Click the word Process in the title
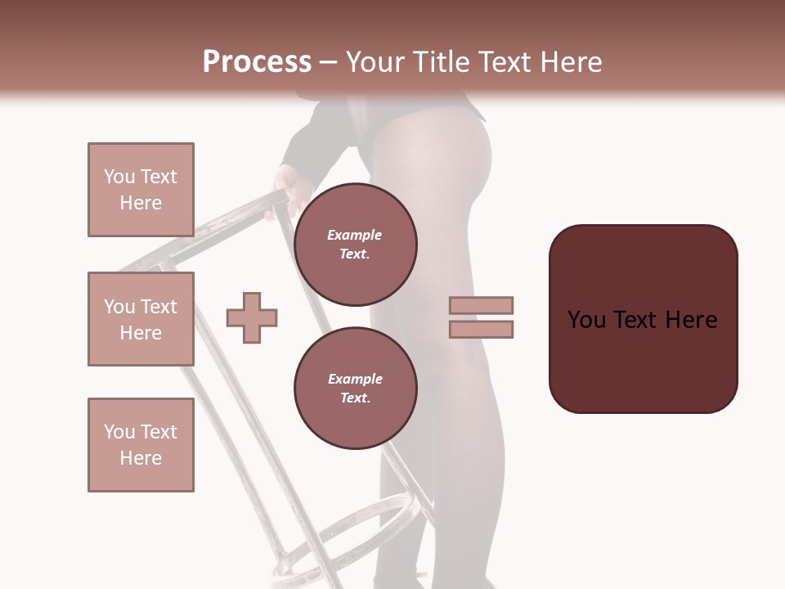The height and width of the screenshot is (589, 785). pos(257,62)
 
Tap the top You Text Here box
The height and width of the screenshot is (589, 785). pos(141,190)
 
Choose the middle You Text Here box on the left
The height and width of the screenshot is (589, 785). pos(141,319)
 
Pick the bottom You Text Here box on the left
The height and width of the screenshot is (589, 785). pos(141,445)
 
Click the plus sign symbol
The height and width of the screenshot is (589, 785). pos(252,317)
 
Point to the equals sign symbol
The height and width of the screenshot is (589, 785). pos(481,317)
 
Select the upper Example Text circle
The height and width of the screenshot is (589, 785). pos(355,244)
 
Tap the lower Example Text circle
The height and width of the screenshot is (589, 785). pos(355,388)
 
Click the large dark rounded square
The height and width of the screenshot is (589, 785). pos(643,319)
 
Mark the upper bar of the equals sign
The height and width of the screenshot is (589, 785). pos(481,306)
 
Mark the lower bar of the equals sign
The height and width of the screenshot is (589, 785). pos(481,329)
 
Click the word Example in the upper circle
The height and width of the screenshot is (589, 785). pos(355,235)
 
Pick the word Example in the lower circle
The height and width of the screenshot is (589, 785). pos(355,379)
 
